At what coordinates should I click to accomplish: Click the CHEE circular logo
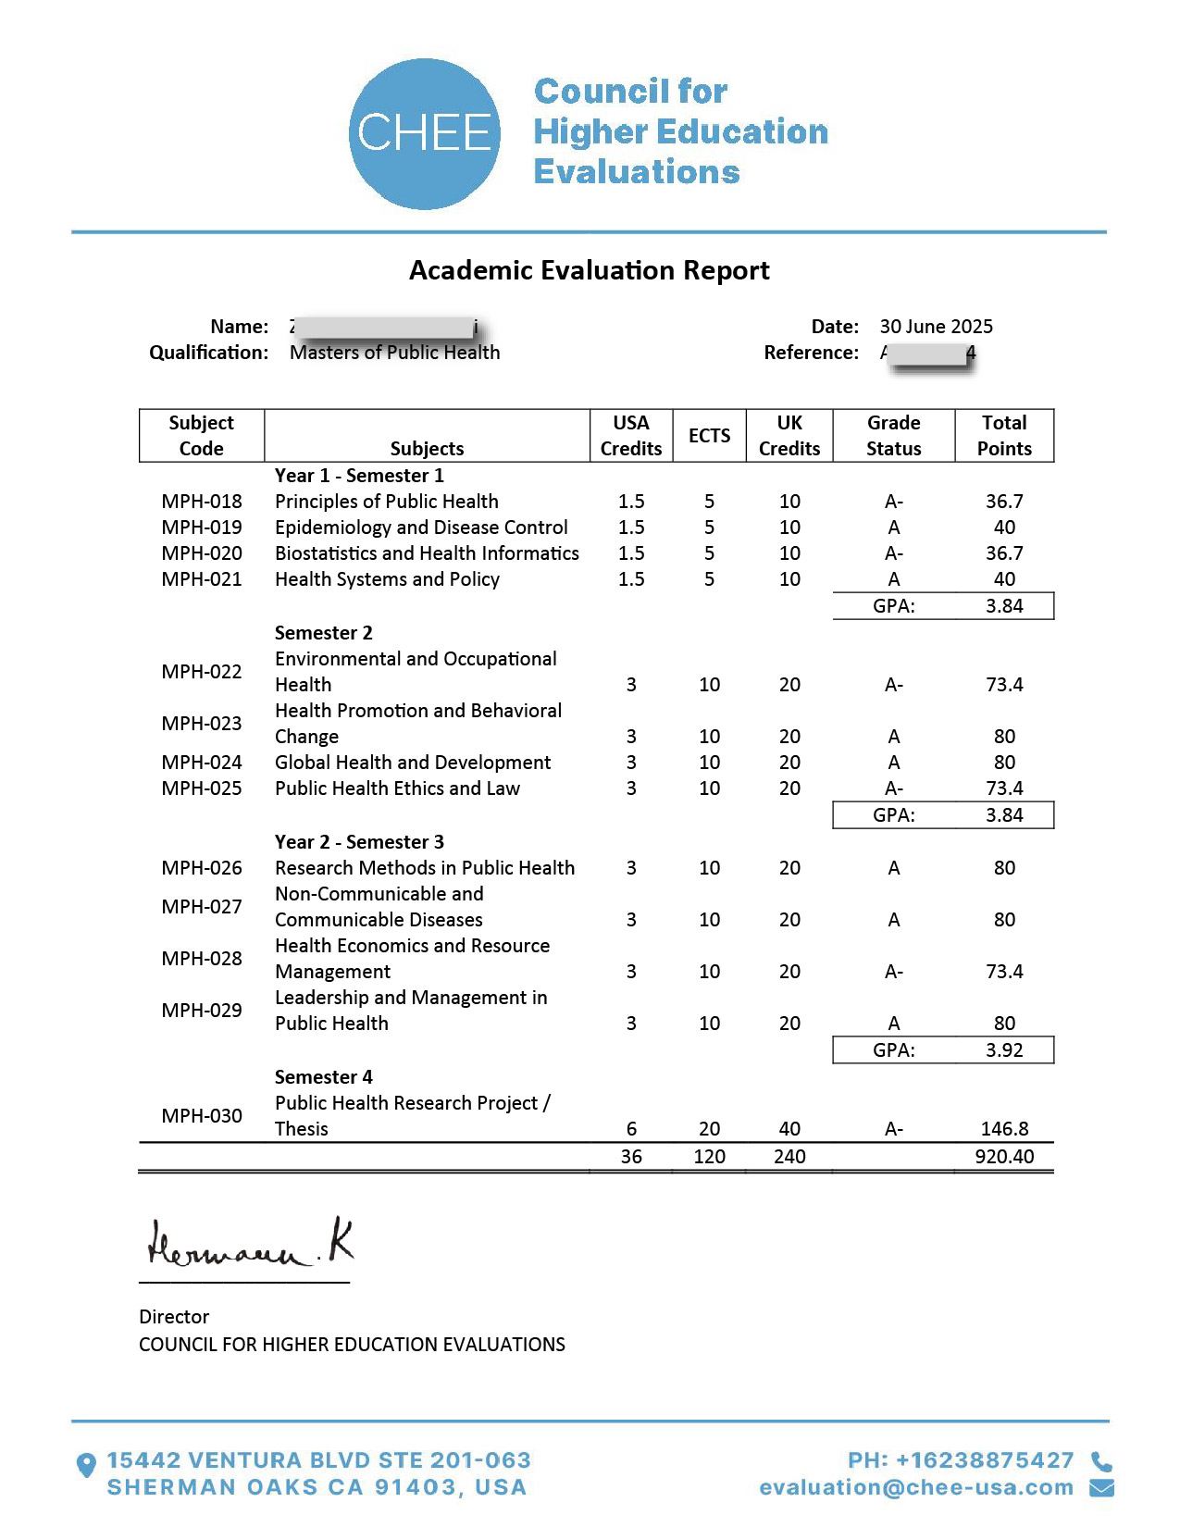(x=424, y=134)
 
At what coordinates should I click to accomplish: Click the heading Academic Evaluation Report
(x=590, y=270)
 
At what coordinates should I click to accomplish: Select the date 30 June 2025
(x=936, y=327)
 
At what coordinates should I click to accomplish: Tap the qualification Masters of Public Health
(x=394, y=353)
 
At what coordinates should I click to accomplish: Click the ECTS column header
(x=709, y=436)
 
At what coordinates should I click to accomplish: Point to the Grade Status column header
(x=893, y=436)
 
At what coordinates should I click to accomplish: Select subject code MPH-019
(x=202, y=528)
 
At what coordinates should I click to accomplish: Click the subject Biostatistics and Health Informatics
(x=427, y=553)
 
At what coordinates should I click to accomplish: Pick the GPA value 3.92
(x=1004, y=1050)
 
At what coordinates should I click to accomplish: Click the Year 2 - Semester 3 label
(x=359, y=842)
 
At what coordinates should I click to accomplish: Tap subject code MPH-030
(x=202, y=1116)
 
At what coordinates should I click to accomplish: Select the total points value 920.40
(x=1004, y=1157)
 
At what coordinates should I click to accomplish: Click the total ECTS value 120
(x=709, y=1157)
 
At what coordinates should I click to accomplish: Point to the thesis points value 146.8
(x=1004, y=1129)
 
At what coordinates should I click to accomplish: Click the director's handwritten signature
(x=250, y=1245)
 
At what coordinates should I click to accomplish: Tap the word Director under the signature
(x=174, y=1317)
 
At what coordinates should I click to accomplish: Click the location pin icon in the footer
(x=86, y=1465)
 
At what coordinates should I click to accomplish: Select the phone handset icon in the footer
(x=1101, y=1461)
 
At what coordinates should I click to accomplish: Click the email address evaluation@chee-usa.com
(x=916, y=1487)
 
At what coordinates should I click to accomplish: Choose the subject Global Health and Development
(x=413, y=763)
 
